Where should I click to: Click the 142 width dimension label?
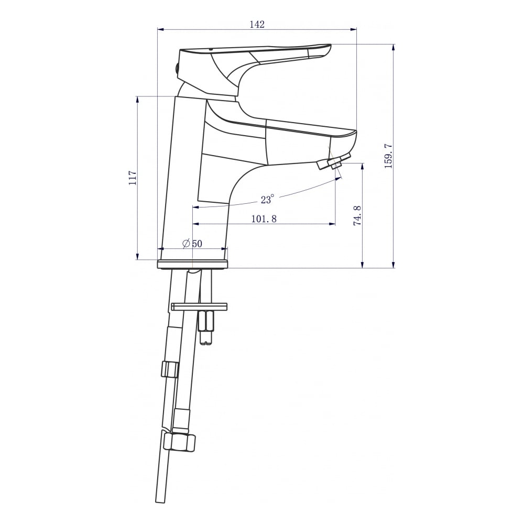[257, 25]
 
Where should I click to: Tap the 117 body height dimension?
[133, 178]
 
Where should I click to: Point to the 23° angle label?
[267, 199]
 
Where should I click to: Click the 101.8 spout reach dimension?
[264, 219]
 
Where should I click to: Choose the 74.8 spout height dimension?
[357, 215]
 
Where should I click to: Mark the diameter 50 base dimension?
[192, 244]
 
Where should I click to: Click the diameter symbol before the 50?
[186, 244]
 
